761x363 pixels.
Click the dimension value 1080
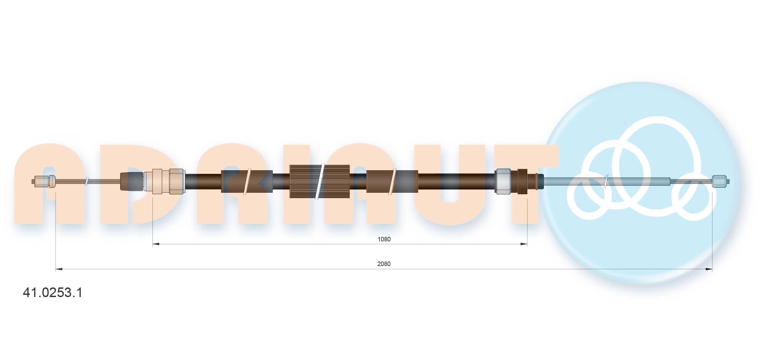(x=384, y=239)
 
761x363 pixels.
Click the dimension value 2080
(x=384, y=264)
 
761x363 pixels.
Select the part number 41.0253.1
(x=53, y=293)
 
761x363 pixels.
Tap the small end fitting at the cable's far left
(x=44, y=181)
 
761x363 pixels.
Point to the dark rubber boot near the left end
(x=132, y=181)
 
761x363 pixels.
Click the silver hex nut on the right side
(x=503, y=181)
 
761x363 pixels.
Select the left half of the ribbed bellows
(x=305, y=181)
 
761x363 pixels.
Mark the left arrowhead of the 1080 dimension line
(x=156, y=244)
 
